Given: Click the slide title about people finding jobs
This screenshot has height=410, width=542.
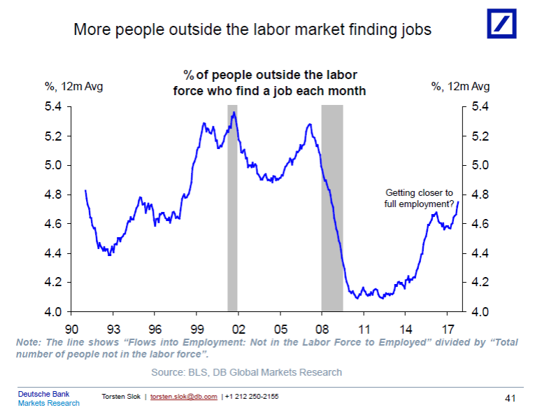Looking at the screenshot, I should [x=252, y=30].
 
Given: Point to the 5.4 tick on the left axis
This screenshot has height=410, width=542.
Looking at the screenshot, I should [x=55, y=106].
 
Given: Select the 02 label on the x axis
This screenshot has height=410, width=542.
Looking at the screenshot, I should [x=238, y=327].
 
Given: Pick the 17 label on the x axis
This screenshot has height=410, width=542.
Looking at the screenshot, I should [x=445, y=327].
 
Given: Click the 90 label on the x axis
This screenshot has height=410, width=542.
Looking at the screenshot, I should [x=72, y=327].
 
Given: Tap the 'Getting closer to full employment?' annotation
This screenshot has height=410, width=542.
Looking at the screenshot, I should [x=420, y=198].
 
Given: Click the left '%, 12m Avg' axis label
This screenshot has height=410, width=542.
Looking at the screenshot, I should [x=74, y=87].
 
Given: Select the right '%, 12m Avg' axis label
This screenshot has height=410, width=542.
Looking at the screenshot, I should [x=460, y=87].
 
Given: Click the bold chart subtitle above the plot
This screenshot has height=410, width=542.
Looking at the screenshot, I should [x=270, y=83].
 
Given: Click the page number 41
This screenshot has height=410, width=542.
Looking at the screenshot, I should [x=510, y=398].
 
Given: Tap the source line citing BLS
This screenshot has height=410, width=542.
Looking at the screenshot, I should [x=247, y=372].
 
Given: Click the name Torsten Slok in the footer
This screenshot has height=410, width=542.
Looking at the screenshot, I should [x=122, y=397].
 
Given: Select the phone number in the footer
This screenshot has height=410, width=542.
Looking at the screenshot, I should [x=251, y=397].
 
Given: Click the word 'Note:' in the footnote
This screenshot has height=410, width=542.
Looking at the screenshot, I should [x=29, y=342].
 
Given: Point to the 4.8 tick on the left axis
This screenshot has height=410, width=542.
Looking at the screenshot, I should [x=55, y=195].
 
